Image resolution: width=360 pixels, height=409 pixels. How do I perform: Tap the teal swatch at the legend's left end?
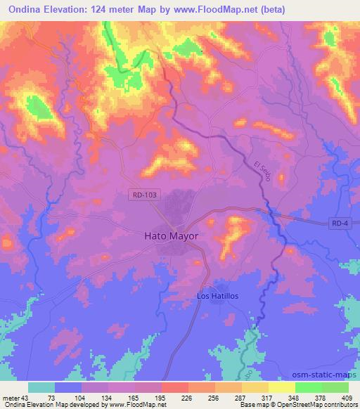[x=41, y=387]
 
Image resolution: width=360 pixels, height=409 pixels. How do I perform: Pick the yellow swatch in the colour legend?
[x=282, y=387]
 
